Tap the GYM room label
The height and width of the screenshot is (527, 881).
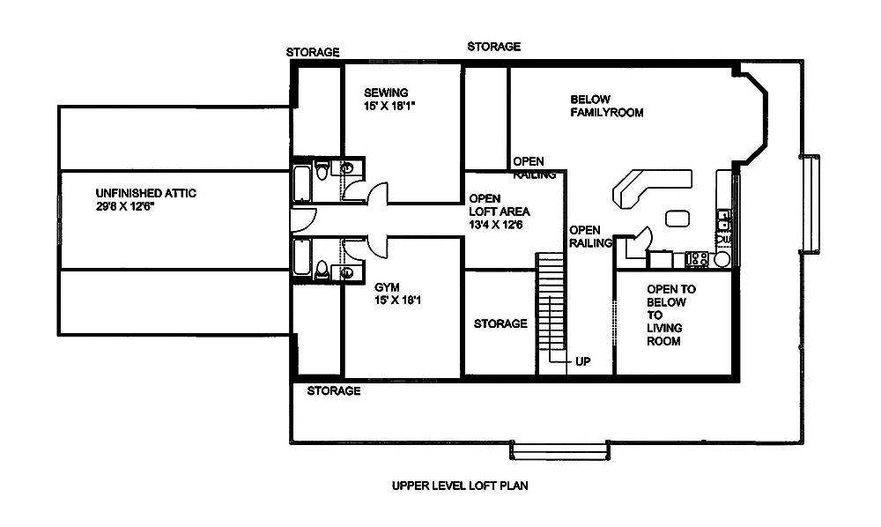[387, 287]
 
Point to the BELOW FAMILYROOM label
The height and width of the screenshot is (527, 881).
[606, 106]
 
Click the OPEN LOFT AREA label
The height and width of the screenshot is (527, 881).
[497, 212]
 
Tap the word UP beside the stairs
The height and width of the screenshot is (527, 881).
[582, 361]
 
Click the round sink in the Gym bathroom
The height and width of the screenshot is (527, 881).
[348, 273]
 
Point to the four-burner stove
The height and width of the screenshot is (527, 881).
[698, 259]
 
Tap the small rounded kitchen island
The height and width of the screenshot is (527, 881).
[677, 218]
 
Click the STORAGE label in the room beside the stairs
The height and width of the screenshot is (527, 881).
[500, 323]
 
